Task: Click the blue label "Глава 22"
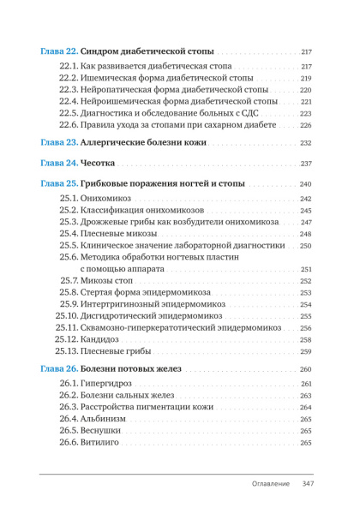[x=59, y=51]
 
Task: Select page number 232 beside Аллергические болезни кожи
[x=305, y=143]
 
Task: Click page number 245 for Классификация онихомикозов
[x=305, y=211]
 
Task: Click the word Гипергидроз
[x=107, y=383]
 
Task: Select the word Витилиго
[x=101, y=442]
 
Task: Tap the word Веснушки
[x=102, y=430]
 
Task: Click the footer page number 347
[x=309, y=484]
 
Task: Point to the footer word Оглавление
[x=270, y=484]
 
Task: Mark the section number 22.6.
[x=70, y=125]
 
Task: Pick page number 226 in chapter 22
[x=305, y=126]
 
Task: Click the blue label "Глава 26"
[x=59, y=368]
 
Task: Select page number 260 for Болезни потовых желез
[x=305, y=369]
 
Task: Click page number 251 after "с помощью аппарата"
[x=305, y=270]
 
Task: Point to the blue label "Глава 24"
[x=59, y=164]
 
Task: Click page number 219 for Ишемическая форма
[x=305, y=79]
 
